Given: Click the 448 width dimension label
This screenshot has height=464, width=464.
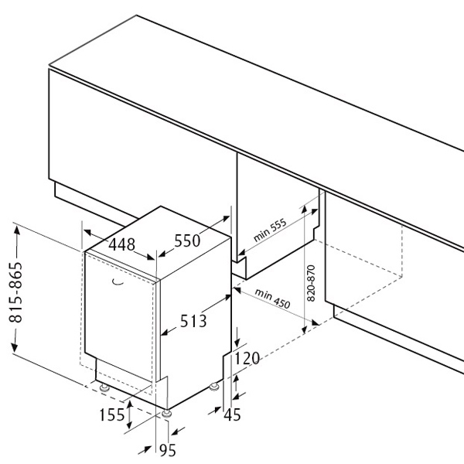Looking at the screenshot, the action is tap(121, 244).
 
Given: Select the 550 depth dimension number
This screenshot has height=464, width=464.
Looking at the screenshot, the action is tap(187, 241).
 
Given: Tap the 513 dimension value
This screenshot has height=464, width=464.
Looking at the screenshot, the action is tap(193, 321).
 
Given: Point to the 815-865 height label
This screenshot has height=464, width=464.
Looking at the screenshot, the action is tap(15, 292).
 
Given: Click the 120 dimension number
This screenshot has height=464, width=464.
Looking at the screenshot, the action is tap(247, 358).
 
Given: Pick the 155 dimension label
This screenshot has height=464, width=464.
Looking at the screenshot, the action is tap(112, 415).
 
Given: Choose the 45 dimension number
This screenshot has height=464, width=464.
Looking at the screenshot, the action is tap(232, 415).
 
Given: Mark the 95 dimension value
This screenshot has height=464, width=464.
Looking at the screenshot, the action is tap(168, 450).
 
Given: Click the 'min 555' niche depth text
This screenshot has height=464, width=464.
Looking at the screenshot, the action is tap(270, 230).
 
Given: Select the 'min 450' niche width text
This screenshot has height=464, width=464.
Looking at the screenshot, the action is tap(272, 299).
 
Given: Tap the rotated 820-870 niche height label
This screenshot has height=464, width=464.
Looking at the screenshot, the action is tap(311, 283).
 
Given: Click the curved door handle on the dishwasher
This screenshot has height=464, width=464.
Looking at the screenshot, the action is tap(118, 282).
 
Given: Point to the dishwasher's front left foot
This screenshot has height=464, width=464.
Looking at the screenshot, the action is tap(104, 387).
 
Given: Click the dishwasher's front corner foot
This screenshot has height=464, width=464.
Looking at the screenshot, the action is tap(167, 414).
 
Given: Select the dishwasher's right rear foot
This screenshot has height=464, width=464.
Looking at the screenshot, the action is tap(213, 387).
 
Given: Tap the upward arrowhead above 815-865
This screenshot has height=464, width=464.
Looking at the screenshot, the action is tap(17, 230).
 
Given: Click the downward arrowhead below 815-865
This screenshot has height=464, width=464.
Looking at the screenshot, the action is tap(15, 347).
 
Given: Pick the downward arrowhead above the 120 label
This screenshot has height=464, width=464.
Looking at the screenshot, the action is tap(237, 343).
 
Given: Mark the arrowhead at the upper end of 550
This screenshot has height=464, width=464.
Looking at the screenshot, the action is tap(226, 219).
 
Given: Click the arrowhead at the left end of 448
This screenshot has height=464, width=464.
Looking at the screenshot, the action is tap(88, 232).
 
